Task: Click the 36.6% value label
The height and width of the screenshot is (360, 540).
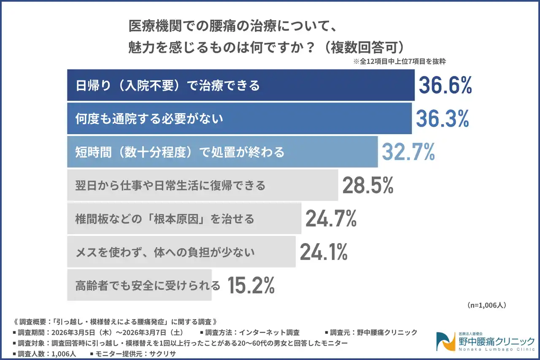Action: (x=445, y=85)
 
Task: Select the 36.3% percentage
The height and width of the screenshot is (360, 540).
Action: (x=442, y=119)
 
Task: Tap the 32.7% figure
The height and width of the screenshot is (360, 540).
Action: (x=408, y=152)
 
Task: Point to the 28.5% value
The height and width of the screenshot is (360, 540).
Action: (x=368, y=185)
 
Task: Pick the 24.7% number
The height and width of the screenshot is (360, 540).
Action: (x=331, y=219)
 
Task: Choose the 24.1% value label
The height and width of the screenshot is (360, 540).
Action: (x=324, y=252)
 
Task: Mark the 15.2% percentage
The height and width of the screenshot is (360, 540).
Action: (x=251, y=285)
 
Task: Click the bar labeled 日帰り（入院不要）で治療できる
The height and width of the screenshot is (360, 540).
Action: (x=240, y=85)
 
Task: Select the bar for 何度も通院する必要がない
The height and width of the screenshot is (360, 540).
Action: (x=239, y=119)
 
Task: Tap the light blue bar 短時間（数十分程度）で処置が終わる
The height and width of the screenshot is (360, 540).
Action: (x=222, y=152)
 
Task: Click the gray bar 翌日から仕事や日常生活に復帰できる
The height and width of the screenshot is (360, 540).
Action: (x=202, y=185)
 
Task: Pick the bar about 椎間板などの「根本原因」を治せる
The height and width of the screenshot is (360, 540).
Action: (x=184, y=219)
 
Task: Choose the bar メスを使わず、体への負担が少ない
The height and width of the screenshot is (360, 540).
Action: (x=181, y=252)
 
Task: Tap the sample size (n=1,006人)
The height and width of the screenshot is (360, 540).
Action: (x=486, y=305)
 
